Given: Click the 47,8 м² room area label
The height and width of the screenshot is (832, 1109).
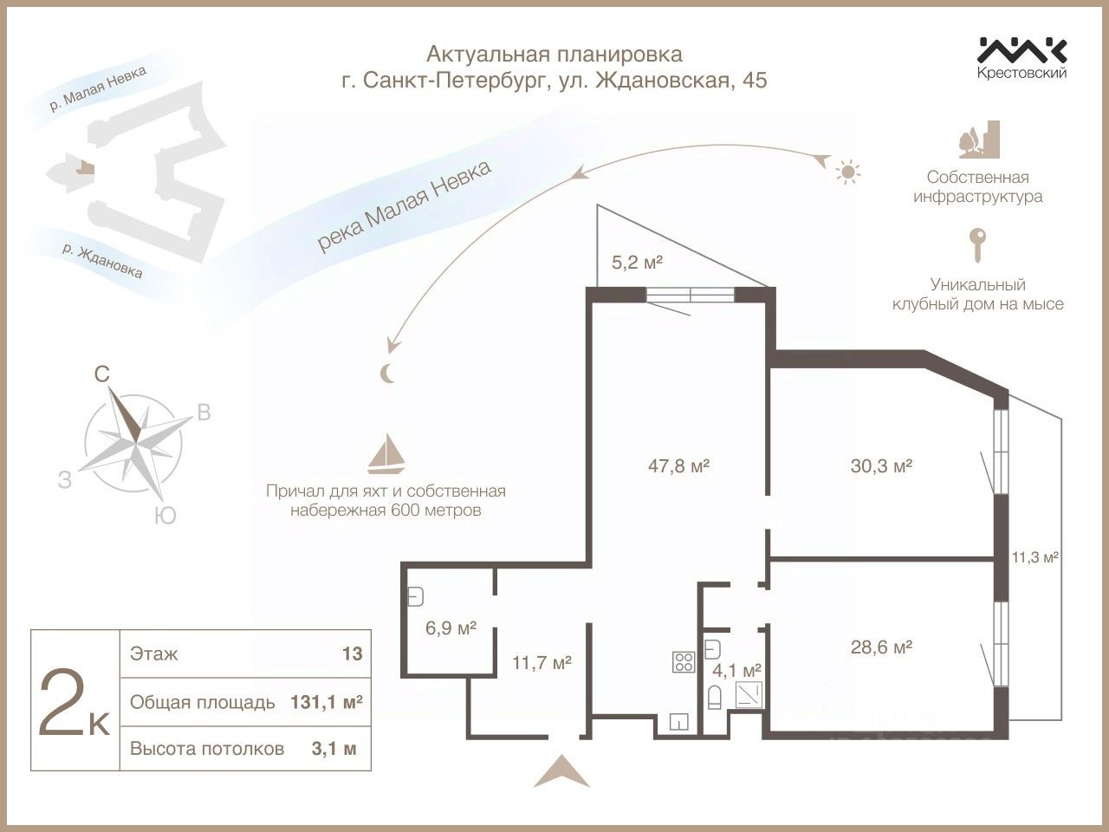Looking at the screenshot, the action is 678,465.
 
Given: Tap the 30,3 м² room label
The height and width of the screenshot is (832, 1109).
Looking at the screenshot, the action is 881,465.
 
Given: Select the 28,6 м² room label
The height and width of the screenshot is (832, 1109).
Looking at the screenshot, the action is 881,647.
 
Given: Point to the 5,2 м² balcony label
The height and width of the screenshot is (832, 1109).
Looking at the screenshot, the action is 637,263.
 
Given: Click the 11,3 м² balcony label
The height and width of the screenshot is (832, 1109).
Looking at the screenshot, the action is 1035,557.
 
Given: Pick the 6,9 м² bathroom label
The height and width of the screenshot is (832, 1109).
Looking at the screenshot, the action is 451,628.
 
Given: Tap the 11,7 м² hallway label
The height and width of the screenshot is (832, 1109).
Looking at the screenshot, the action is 542,662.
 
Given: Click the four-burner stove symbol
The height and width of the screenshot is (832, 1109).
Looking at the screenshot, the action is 684,662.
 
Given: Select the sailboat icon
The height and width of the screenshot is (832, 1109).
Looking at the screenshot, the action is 386,453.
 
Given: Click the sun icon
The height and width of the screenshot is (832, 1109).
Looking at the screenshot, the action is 848,172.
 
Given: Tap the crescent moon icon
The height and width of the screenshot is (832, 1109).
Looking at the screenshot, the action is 387,374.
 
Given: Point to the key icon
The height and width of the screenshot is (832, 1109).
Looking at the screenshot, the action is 977,245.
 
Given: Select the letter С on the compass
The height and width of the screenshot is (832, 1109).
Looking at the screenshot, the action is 102,374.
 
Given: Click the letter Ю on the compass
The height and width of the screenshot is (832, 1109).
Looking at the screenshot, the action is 165,516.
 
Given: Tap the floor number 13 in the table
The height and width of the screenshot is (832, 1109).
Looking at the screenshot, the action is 352,653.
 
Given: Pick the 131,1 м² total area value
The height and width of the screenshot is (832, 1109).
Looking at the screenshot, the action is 327,702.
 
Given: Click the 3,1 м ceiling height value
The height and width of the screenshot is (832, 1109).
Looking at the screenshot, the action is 334,749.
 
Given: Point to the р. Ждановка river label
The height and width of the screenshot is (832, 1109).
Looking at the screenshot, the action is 102,261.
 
